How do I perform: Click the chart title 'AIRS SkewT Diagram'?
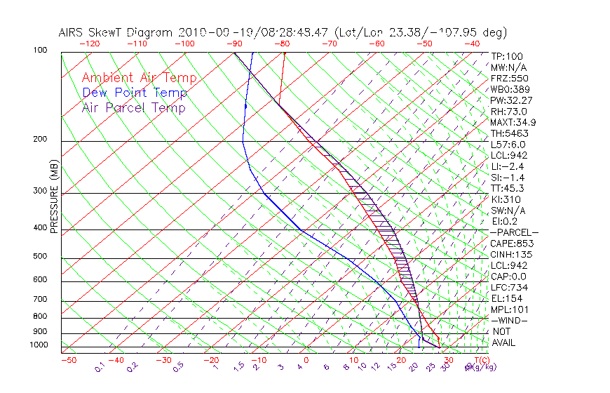tap(116, 33)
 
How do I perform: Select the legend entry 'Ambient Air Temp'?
tap(139, 79)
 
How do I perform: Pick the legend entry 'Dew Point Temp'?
tap(135, 93)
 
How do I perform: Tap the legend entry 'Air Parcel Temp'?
tap(133, 108)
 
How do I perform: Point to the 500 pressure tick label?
tap(41, 257)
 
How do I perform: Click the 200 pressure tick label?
tap(41, 140)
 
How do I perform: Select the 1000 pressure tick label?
tap(39, 345)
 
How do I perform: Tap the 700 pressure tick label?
tap(41, 300)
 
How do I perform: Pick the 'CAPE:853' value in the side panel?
tap(509, 244)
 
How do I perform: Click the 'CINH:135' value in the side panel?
tap(509, 254)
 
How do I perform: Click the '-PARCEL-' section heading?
tap(514, 232)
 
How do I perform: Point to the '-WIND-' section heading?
tap(509, 320)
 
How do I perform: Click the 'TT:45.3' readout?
tap(507, 188)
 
